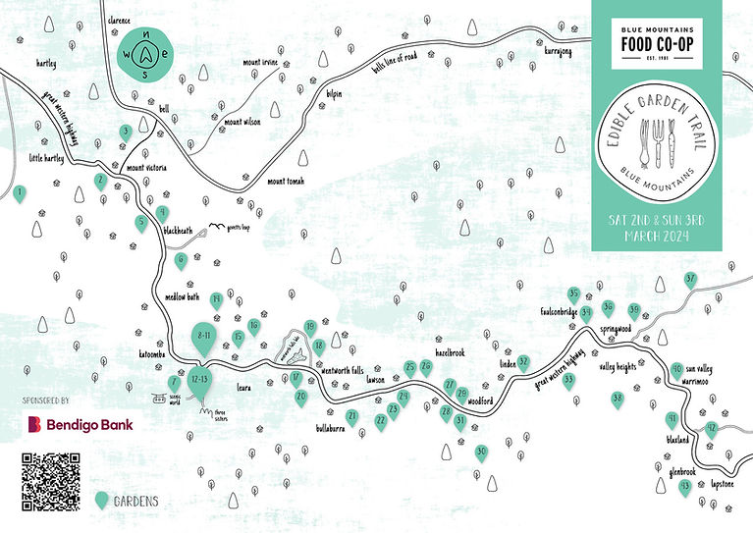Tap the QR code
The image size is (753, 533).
(x=49, y=480)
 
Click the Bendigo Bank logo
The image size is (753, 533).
(x=79, y=424)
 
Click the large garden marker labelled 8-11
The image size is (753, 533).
(x=205, y=337)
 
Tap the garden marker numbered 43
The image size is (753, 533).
(x=684, y=485)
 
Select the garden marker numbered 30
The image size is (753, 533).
(x=481, y=453)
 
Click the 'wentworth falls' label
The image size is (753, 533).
(x=343, y=370)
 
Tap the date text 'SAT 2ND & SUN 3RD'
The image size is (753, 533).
(x=657, y=221)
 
